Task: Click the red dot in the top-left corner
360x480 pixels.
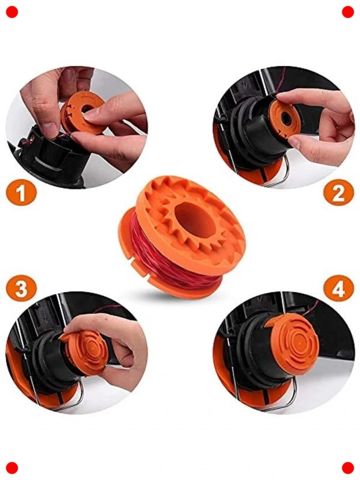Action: point(12,12)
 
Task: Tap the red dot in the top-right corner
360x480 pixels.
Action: point(348,12)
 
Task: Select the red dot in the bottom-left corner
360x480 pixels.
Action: point(12,468)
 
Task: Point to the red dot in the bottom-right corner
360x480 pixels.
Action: point(348,468)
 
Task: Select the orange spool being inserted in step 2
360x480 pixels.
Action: point(284,120)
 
